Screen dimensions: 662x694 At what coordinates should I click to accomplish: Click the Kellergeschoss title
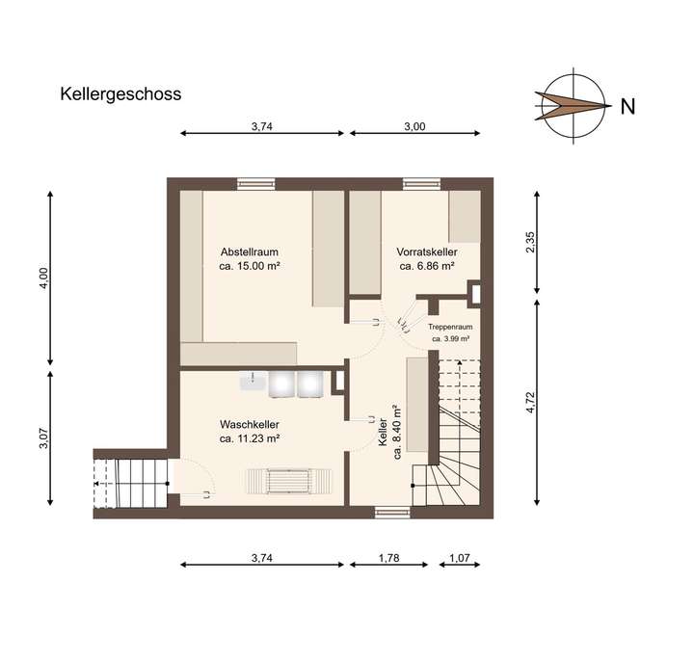click(x=120, y=94)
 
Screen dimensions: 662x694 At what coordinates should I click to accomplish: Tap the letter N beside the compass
click(x=627, y=107)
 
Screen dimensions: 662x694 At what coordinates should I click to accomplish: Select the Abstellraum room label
click(x=249, y=252)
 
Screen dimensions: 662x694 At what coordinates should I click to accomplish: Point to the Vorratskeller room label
click(x=426, y=252)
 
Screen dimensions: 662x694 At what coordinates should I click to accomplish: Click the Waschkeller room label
click(x=250, y=424)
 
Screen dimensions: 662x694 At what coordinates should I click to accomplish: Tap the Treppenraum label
click(x=450, y=328)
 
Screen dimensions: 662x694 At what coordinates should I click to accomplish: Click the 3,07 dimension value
click(x=41, y=438)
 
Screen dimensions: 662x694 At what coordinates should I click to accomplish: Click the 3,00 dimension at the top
click(x=414, y=126)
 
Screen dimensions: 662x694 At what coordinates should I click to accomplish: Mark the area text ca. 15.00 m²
click(x=250, y=266)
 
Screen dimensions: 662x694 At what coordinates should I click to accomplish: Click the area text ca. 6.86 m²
click(x=426, y=266)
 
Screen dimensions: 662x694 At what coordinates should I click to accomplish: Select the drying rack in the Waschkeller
click(x=289, y=479)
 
